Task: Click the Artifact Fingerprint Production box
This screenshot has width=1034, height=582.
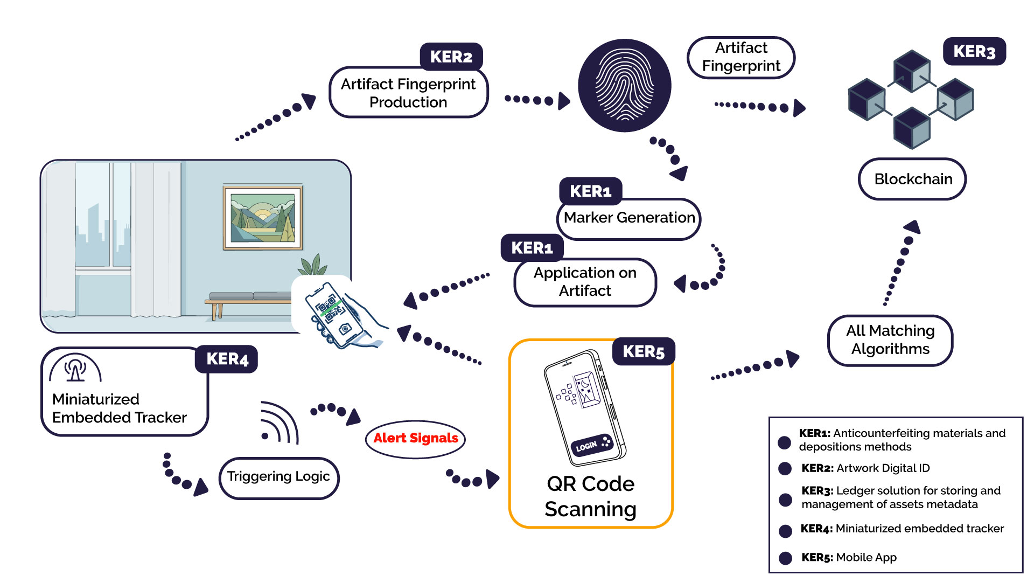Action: pyautogui.click(x=408, y=93)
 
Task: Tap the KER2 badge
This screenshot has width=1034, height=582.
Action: pyautogui.click(x=451, y=57)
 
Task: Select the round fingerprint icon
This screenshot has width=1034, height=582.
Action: pyautogui.click(x=624, y=85)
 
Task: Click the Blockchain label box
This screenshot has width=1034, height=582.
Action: pyautogui.click(x=912, y=179)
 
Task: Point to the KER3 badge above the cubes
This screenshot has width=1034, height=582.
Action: pyautogui.click(x=974, y=52)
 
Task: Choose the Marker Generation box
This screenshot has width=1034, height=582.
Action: pyautogui.click(x=628, y=218)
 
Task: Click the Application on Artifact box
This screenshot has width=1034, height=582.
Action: pyautogui.click(x=585, y=282)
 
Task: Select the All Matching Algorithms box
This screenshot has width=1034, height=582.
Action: pyautogui.click(x=890, y=340)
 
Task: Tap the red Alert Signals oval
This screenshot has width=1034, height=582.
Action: pyautogui.click(x=415, y=439)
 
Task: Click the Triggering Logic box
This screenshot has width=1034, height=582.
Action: pyautogui.click(x=278, y=477)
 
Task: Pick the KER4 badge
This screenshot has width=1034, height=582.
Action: pyautogui.click(x=227, y=359)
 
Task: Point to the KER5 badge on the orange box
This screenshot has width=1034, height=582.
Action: pyautogui.click(x=643, y=352)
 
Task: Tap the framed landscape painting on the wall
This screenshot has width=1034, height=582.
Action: pyautogui.click(x=263, y=218)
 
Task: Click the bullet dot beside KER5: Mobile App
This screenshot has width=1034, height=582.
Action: pyautogui.click(x=785, y=558)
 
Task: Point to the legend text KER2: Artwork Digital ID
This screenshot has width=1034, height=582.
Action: pyautogui.click(x=865, y=468)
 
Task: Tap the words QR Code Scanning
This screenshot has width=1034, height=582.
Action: pyautogui.click(x=590, y=496)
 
